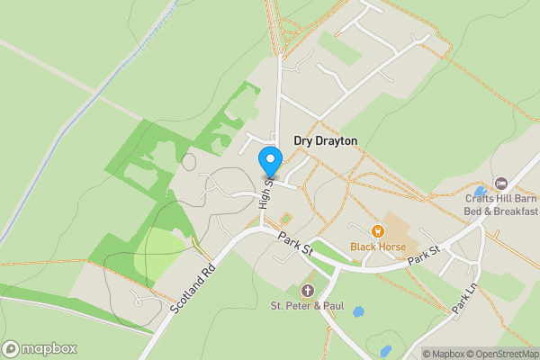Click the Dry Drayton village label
(325, 141)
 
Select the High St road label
(265, 193)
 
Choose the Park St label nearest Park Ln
(422, 255)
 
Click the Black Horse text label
(378, 247)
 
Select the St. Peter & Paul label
(307, 305)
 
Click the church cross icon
(307, 290)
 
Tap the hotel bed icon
(501, 184)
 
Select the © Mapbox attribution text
(444, 354)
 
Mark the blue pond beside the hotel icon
(481, 191)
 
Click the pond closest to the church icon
(359, 311)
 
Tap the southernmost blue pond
(386, 350)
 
